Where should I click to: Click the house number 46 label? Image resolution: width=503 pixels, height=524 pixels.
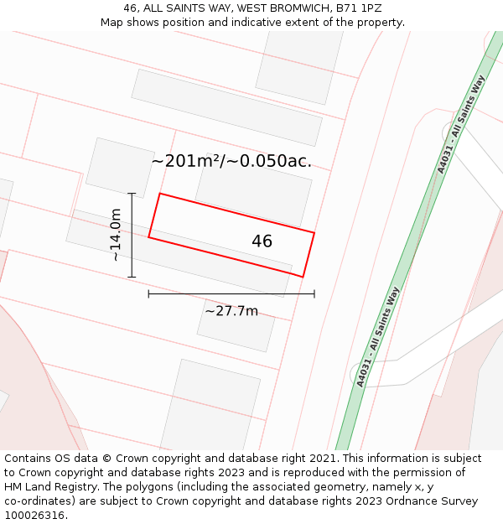click(262, 241)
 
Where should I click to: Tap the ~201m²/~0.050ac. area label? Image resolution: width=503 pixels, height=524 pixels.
click(231, 161)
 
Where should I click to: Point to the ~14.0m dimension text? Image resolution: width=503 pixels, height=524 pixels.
click(116, 235)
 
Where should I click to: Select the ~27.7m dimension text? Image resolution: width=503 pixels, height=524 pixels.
click(231, 311)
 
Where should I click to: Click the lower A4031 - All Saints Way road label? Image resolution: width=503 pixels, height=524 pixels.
click(379, 336)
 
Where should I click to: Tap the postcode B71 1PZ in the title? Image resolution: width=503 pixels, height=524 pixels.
click(358, 8)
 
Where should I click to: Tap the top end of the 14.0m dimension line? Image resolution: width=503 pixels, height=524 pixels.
click(132, 194)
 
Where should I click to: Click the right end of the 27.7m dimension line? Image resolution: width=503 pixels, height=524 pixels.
click(314, 293)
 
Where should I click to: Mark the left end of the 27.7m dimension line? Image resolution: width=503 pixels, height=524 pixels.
click(149, 293)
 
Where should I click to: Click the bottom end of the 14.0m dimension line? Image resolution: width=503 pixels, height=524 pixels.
click(132, 277)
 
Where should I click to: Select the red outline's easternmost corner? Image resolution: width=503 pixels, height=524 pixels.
click(314, 233)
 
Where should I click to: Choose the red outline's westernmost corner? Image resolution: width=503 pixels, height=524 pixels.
click(149, 237)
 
